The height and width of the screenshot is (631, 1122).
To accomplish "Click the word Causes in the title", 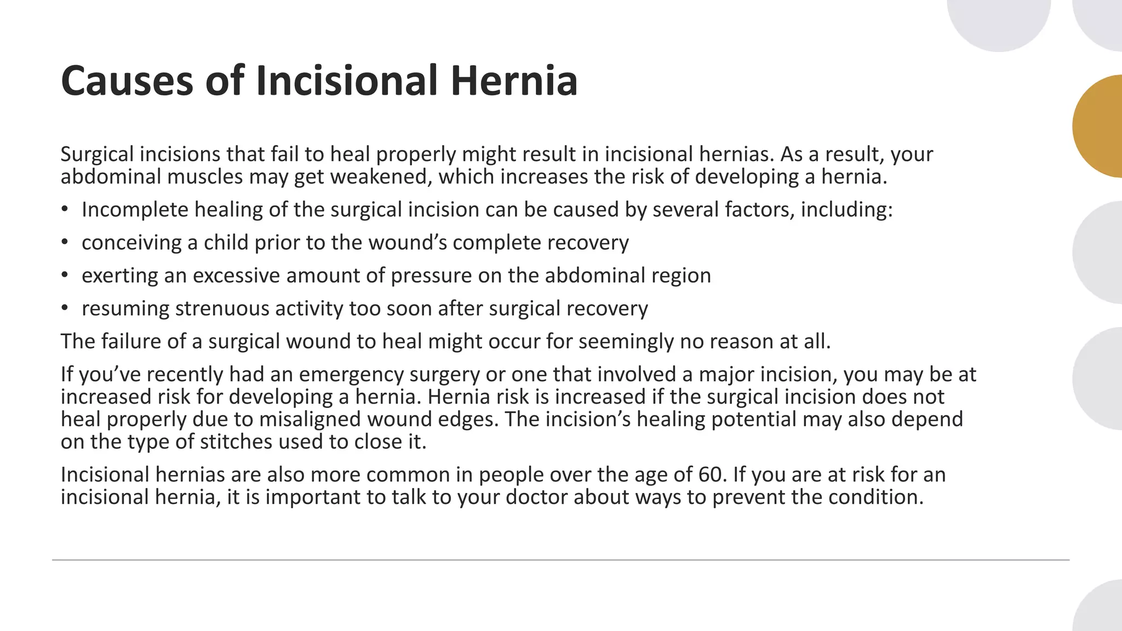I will click(127, 81).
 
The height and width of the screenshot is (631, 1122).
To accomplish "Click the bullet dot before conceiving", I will click(65, 242).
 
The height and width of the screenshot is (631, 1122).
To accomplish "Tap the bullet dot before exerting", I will click(65, 275).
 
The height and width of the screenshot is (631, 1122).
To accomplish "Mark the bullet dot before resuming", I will click(65, 308).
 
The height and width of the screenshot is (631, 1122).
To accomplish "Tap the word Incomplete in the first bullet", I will click(134, 210).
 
